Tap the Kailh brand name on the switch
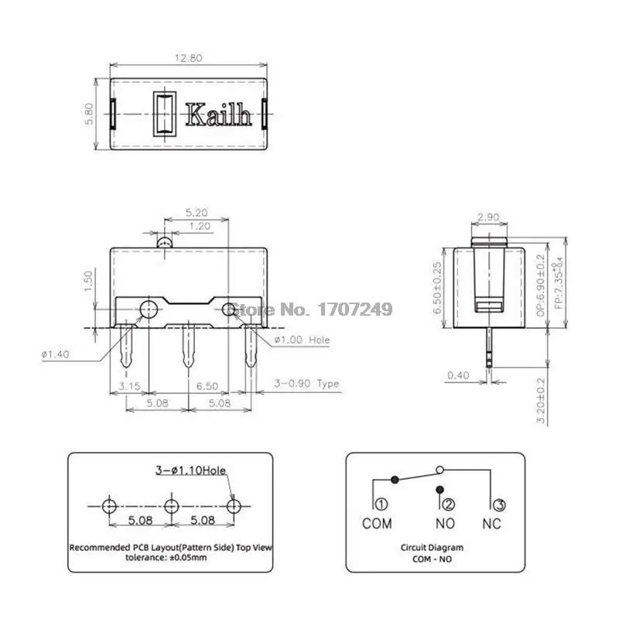click(x=218, y=116)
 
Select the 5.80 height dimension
click(x=89, y=114)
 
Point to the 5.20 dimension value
click(x=197, y=212)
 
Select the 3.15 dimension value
click(x=128, y=385)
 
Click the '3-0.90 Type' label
click(x=307, y=384)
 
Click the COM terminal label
click(x=377, y=524)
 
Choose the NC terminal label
click(x=491, y=524)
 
